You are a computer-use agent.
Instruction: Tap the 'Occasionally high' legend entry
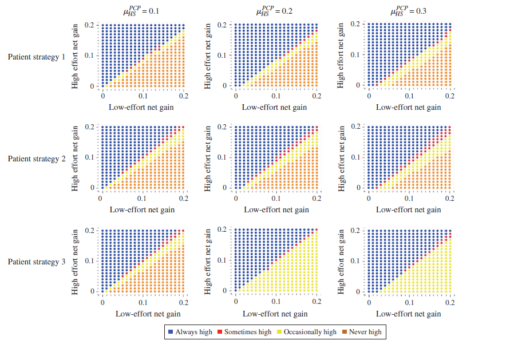tap(310, 332)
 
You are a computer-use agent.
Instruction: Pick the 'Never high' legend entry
tap(365, 332)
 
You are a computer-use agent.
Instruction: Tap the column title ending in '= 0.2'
tap(276, 11)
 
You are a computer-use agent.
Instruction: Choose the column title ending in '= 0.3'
tap(410, 11)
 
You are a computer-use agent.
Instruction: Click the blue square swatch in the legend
tap(171, 332)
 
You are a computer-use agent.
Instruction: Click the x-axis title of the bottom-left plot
tap(148, 314)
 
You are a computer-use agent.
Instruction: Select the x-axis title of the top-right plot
tap(408, 107)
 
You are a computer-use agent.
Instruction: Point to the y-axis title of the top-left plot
tap(75, 56)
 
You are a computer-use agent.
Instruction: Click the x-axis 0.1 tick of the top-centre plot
tap(276, 97)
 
